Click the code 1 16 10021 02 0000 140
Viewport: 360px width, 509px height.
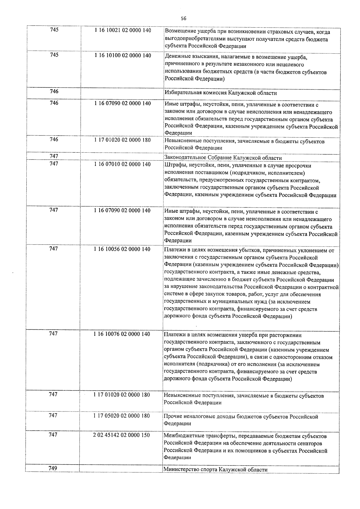coord(122,31)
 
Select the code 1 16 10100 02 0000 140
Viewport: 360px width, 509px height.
coord(122,55)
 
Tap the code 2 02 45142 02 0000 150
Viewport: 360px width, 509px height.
coord(121,435)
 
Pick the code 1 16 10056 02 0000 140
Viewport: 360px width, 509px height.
coord(122,249)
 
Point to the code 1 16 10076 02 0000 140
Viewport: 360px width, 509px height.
coord(121,334)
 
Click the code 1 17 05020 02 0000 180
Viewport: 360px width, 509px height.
coord(121,416)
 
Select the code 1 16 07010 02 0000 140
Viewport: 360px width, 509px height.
coord(122,164)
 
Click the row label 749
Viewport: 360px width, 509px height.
coord(53,468)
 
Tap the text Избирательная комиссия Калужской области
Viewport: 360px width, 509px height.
coord(221,93)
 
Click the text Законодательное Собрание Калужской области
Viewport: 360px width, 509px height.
coord(223,158)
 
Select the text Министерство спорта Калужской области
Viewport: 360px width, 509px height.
coord(215,469)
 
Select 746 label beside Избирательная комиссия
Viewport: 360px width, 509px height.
coord(54,91)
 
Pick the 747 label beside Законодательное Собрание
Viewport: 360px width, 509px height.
coord(54,156)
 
